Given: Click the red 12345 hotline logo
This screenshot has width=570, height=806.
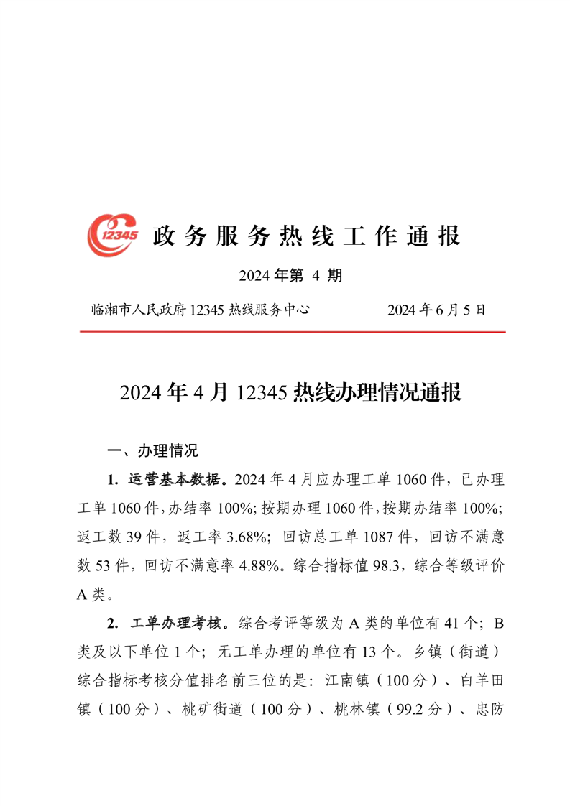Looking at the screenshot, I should (113, 234).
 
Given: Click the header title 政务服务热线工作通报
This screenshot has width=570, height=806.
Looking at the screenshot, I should (305, 236).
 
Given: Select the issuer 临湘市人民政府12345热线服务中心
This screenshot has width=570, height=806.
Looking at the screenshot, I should (200, 310).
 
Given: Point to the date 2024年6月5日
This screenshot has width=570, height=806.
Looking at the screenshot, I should (437, 310).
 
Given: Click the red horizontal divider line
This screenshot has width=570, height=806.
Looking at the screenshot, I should (292, 332).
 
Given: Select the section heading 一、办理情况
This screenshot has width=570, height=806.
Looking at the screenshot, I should (152, 451).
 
